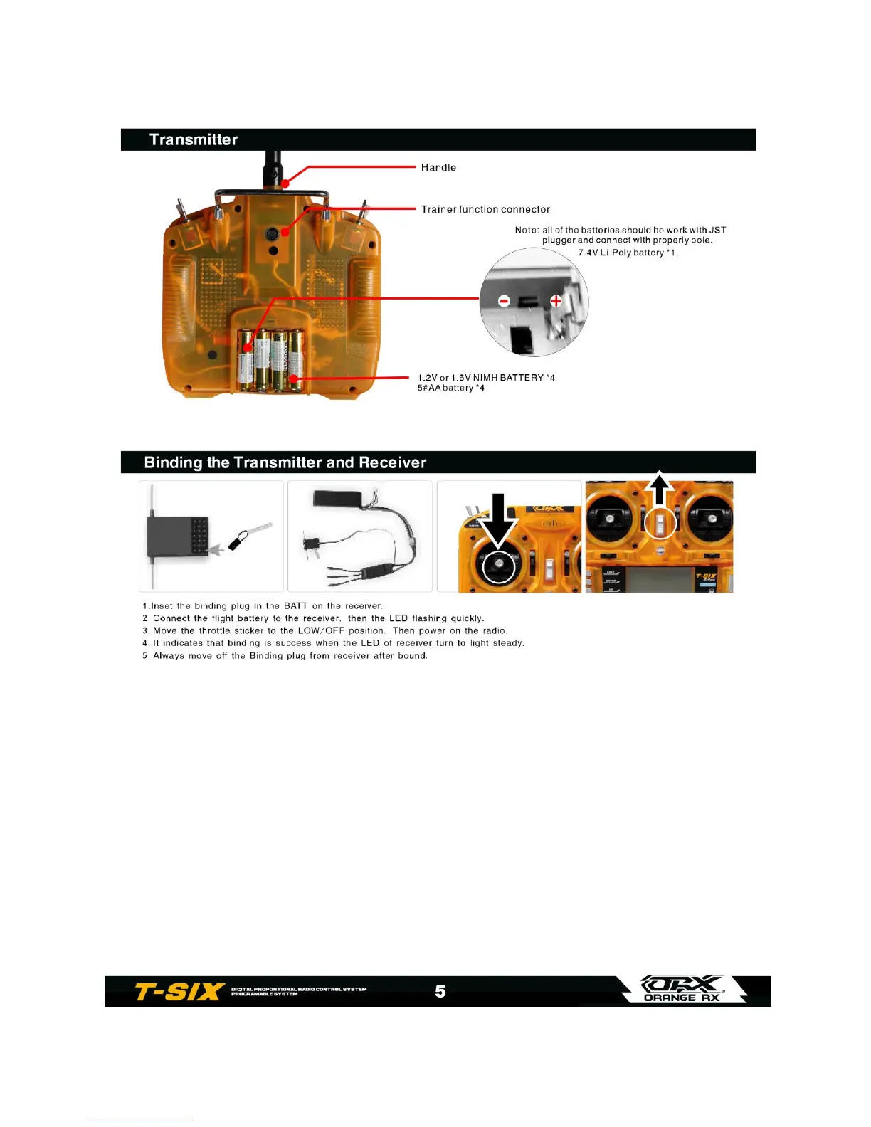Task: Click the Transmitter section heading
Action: [194, 139]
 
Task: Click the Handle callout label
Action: [438, 167]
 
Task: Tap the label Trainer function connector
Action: [485, 209]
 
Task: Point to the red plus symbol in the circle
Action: [556, 301]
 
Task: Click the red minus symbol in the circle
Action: [504, 301]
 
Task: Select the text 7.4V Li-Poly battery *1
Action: [628, 253]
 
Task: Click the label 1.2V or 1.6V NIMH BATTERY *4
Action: [486, 377]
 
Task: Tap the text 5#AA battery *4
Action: [451, 388]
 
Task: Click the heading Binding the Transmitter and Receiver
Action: [285, 462]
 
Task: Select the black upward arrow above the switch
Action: [660, 490]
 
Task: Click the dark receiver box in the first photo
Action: [177, 537]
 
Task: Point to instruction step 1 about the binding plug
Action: [263, 606]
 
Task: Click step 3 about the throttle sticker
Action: [324, 630]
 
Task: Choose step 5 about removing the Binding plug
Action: [285, 655]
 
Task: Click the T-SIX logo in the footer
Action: [180, 991]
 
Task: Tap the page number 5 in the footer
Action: [440, 991]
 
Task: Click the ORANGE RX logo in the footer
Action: [682, 990]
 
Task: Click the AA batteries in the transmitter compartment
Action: [270, 359]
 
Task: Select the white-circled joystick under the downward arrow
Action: [499, 566]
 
